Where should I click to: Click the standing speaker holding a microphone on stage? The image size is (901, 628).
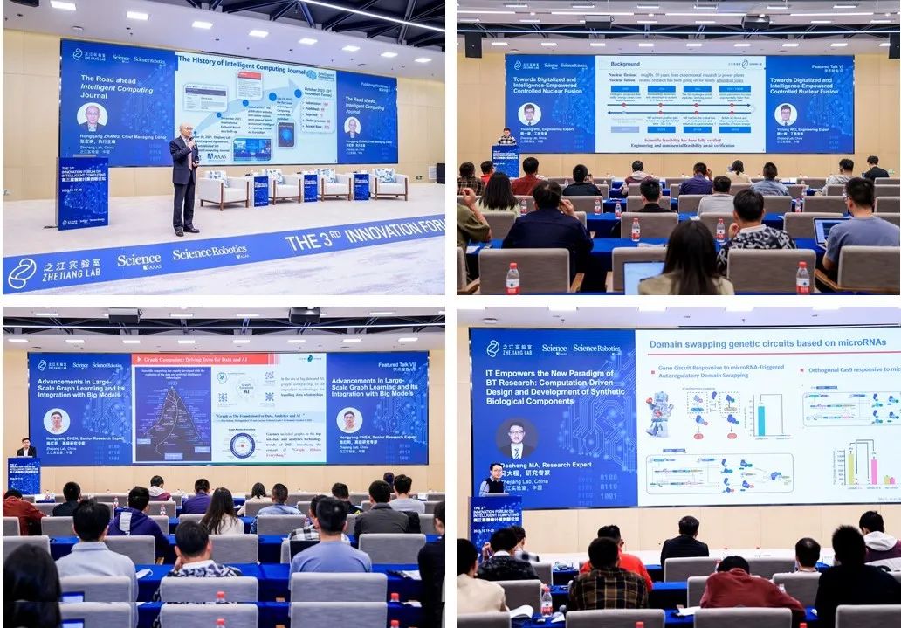pos(183,182)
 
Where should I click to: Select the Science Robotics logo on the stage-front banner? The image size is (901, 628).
pos(209,253)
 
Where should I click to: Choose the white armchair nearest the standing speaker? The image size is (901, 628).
pos(222,190)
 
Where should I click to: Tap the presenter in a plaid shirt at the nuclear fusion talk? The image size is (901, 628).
pos(506,138)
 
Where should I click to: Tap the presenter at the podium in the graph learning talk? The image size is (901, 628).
pos(26,449)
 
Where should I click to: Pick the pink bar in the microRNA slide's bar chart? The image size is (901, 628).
pos(873,471)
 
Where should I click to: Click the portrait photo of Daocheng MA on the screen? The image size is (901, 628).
pos(515,437)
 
